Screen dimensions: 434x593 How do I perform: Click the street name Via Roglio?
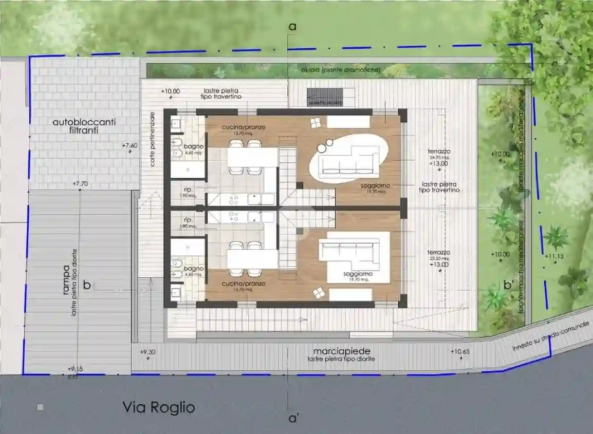pos(158,408)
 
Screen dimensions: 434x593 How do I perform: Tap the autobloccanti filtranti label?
pos(84,126)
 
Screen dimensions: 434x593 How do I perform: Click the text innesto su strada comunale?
pos(550,338)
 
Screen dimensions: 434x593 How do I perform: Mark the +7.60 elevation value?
pos(130,146)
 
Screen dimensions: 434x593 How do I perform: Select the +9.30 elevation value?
pos(148,352)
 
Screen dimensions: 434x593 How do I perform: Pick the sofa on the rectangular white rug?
pos(346,251)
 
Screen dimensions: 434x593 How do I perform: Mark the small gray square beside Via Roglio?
pos(41,407)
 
